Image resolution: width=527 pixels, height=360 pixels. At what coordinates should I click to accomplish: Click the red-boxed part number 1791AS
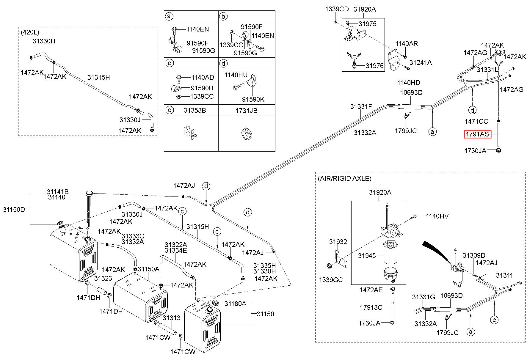point(477,134)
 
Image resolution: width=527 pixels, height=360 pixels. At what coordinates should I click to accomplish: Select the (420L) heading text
point(30,32)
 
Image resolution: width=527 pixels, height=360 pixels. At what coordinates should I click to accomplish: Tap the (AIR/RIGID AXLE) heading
point(344,178)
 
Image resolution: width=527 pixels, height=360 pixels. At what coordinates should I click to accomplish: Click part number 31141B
point(58,192)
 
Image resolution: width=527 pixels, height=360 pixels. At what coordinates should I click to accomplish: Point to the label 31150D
point(14,210)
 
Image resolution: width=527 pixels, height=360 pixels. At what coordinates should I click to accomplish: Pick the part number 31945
point(367,256)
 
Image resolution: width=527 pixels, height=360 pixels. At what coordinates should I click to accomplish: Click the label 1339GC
point(331,280)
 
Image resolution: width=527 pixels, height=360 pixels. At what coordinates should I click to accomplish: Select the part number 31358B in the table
point(195,111)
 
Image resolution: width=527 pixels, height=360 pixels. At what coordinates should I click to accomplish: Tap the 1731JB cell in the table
point(247,111)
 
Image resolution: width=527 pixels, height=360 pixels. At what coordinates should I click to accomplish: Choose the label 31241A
point(421,62)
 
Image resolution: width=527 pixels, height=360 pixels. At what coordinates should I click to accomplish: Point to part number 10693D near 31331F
point(411,92)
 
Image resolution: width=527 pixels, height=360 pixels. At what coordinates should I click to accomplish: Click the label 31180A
point(236,304)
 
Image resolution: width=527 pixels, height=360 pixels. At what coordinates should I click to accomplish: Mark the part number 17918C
point(371,308)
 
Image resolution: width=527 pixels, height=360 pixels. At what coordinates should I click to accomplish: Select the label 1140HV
point(437,216)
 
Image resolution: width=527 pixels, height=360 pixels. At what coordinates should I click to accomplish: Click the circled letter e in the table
point(169,110)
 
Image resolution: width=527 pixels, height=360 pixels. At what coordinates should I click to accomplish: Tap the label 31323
point(103,278)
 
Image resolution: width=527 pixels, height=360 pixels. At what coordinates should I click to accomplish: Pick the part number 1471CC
point(476,121)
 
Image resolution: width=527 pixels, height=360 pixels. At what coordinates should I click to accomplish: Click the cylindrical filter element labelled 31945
point(392,253)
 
